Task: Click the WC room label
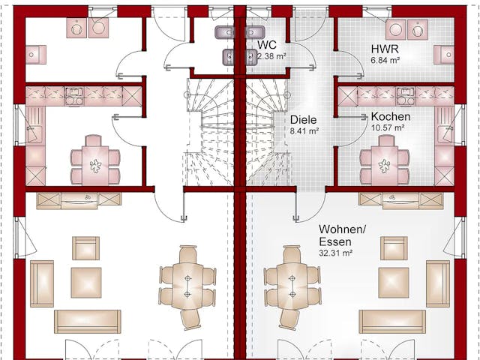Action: (x=267, y=45)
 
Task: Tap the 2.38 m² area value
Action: (x=272, y=56)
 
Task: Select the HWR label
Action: (x=384, y=48)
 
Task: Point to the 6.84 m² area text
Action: (x=385, y=60)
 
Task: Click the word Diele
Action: (x=304, y=119)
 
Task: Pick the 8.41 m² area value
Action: (x=304, y=130)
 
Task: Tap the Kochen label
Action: (x=390, y=117)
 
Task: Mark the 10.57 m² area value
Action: (x=388, y=128)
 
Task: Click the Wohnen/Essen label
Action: (x=342, y=235)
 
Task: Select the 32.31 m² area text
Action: (x=335, y=253)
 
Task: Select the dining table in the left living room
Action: (x=187, y=286)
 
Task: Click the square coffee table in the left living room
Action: (x=86, y=282)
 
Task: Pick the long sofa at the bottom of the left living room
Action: (x=87, y=321)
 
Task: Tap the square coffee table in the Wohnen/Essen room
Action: (x=393, y=282)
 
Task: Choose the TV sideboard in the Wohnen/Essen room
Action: (x=400, y=199)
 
